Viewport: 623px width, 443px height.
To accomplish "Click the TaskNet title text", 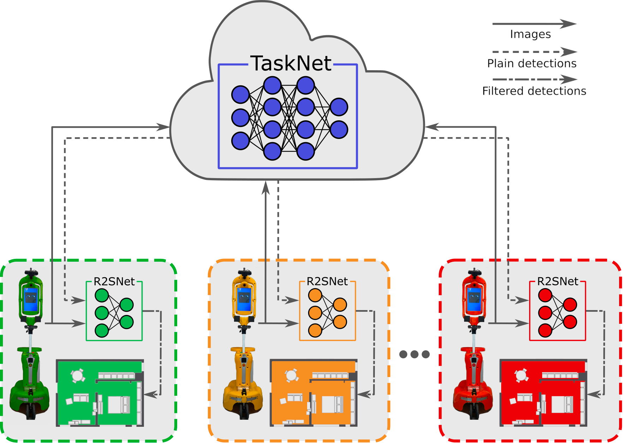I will (x=291, y=63).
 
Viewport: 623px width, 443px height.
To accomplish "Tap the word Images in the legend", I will (x=530, y=34).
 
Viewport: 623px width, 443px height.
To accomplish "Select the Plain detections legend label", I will (x=532, y=63).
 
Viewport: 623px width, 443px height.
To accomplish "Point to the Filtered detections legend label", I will (x=534, y=91).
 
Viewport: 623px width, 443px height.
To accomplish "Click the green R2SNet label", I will (x=114, y=281).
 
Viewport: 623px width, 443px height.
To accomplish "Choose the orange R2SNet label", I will (x=327, y=281).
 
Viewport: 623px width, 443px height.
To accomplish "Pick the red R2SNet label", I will (x=558, y=281).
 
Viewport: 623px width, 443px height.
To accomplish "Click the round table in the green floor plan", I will (x=77, y=376).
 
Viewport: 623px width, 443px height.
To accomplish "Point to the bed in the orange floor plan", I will (x=331, y=404).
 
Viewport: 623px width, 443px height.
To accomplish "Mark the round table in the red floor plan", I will (x=521, y=376).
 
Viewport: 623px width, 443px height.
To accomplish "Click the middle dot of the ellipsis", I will (x=414, y=354).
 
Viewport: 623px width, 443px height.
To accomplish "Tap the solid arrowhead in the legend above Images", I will (x=568, y=24).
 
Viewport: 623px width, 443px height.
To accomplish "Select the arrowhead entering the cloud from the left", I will (x=163, y=127).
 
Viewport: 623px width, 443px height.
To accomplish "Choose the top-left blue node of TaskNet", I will (x=240, y=95).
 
